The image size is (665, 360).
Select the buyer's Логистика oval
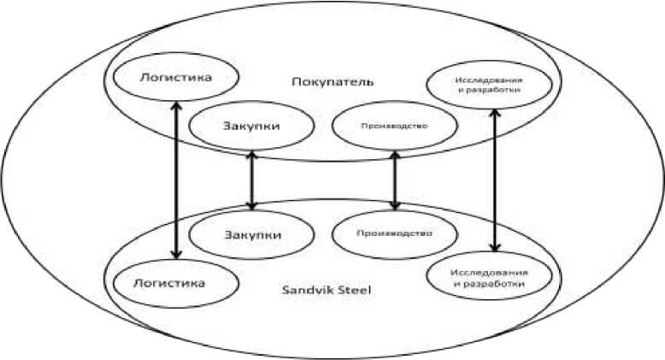(x=174, y=78)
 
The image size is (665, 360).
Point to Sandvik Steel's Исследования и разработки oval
(x=485, y=275)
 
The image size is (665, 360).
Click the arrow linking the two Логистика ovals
(x=176, y=180)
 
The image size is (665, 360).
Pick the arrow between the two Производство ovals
(x=394, y=180)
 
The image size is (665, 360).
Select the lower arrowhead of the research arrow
(x=495, y=248)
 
